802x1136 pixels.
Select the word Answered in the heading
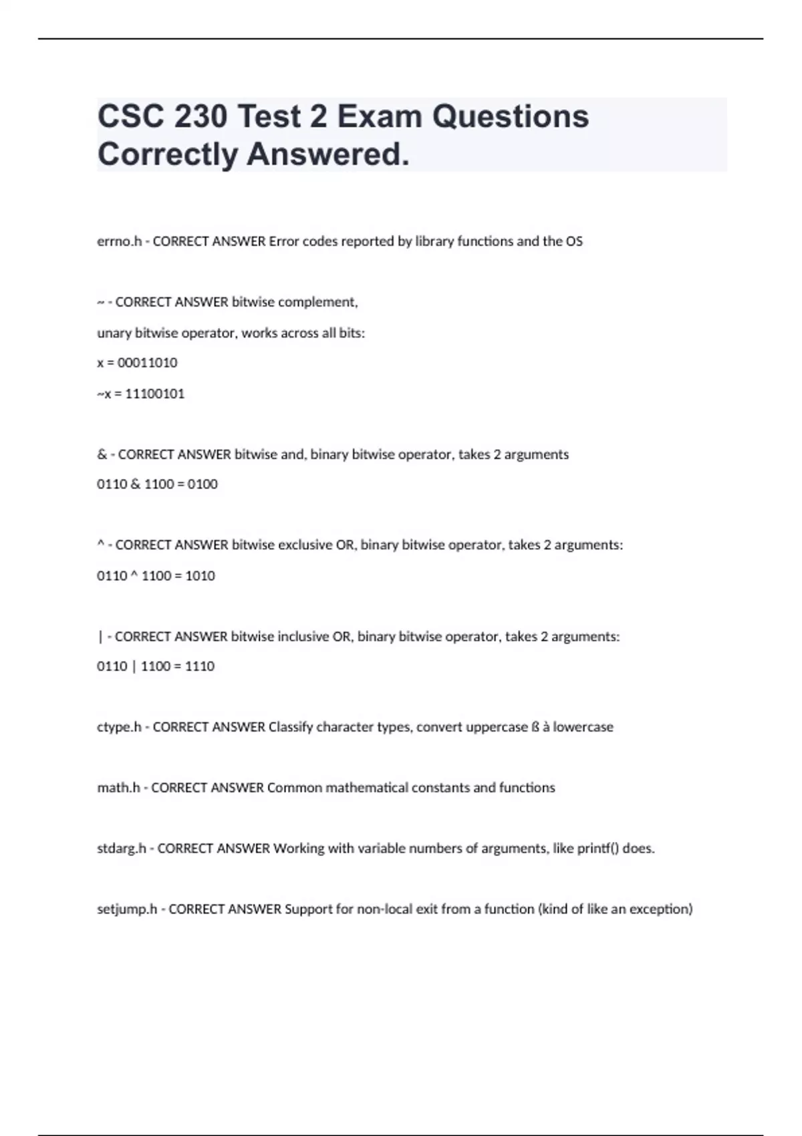327,155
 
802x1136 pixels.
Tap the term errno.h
119,241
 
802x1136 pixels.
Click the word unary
114,333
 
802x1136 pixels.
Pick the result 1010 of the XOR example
200,575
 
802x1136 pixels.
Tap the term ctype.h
119,727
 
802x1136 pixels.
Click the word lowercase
583,727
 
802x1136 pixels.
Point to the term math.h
118,788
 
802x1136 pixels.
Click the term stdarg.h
122,849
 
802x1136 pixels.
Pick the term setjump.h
127,909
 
